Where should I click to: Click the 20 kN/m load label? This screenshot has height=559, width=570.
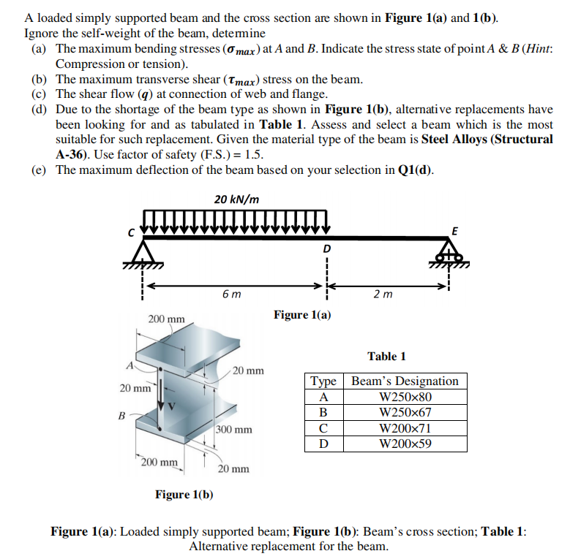click(x=236, y=199)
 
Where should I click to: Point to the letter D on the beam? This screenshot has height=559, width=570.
click(x=326, y=249)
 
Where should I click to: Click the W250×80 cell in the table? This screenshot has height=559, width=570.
click(x=405, y=397)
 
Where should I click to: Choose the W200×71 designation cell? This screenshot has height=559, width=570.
click(x=405, y=428)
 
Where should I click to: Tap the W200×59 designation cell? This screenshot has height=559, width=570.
click(x=405, y=444)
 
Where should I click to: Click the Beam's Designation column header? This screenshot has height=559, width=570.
click(x=405, y=381)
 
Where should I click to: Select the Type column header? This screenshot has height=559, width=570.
click(x=323, y=381)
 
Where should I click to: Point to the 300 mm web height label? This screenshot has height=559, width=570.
click(x=234, y=429)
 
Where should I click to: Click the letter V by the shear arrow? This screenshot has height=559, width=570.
click(x=173, y=406)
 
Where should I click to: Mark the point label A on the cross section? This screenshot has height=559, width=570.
click(x=129, y=366)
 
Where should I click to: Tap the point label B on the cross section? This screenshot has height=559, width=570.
click(x=122, y=417)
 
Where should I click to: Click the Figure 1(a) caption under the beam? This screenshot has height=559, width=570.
click(x=302, y=315)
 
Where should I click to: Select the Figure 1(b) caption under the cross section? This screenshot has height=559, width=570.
click(x=184, y=495)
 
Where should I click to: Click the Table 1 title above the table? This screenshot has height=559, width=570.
click(x=386, y=356)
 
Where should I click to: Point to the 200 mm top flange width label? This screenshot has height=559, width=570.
click(x=166, y=319)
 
